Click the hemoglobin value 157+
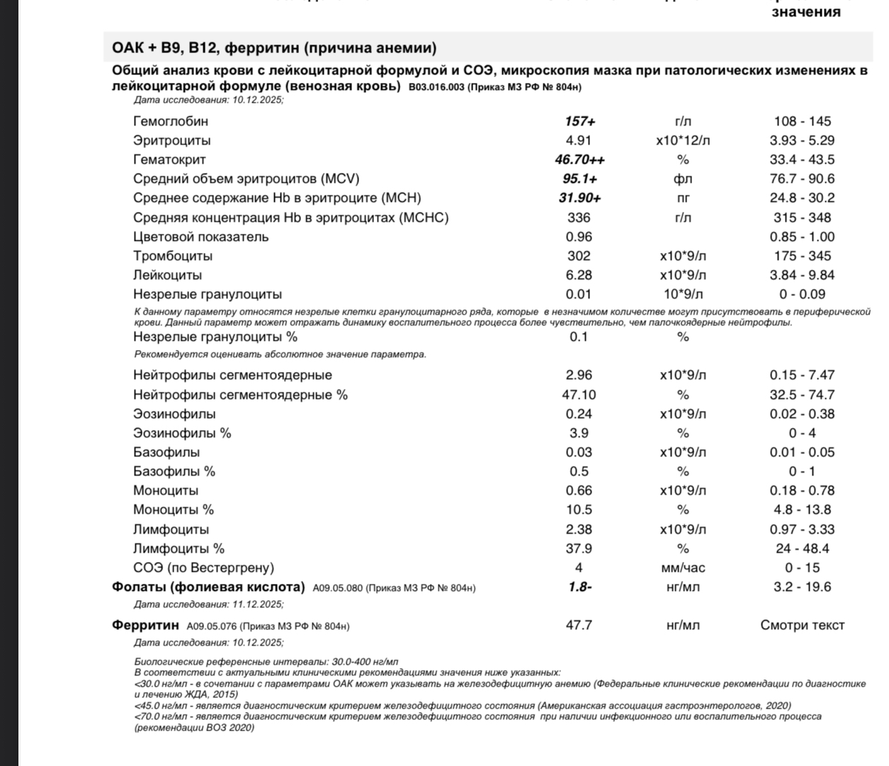point(579,121)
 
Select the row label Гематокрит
point(169,159)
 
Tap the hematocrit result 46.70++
point(579,159)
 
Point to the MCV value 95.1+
point(579,179)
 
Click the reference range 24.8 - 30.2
point(802,198)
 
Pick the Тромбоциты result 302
point(579,256)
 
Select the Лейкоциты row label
point(167,275)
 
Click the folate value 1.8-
point(579,587)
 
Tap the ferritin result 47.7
point(579,625)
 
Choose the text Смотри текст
point(802,625)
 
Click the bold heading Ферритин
point(145,625)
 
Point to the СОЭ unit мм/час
point(682,568)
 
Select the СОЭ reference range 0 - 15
point(802,568)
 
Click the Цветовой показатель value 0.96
point(579,237)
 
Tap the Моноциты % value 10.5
point(579,509)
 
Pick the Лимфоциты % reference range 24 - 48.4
point(802,548)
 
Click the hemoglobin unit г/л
point(682,121)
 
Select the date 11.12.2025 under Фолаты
point(257,604)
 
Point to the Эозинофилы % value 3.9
point(579,433)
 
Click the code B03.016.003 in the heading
point(436,87)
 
